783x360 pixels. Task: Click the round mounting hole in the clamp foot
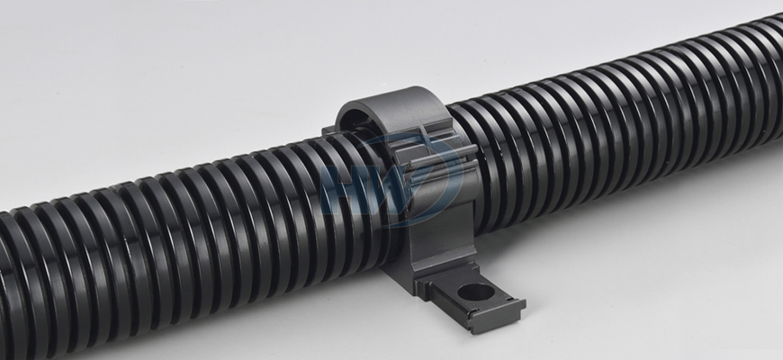click(x=476, y=292)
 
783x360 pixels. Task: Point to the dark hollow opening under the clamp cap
click(x=354, y=121)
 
